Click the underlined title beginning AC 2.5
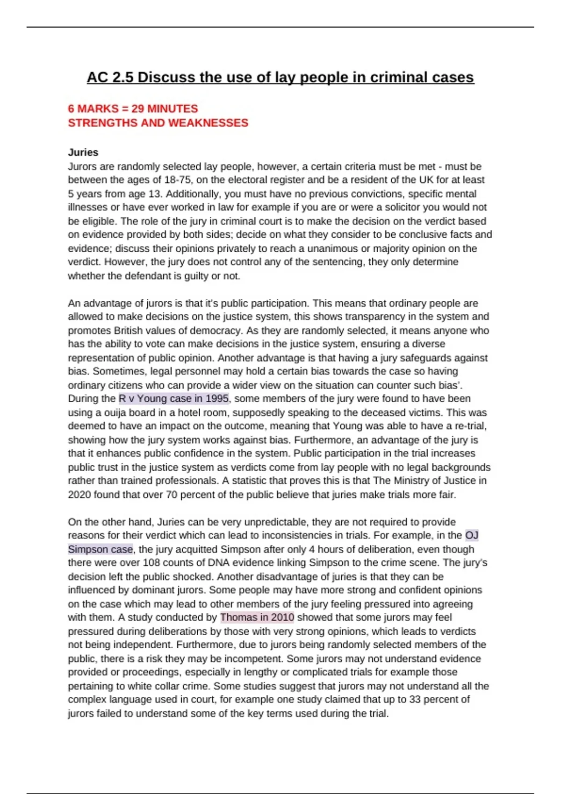(280, 77)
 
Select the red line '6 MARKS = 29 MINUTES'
(133, 109)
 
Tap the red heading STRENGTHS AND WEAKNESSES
(158, 123)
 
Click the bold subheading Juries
(83, 152)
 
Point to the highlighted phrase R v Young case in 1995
(173, 399)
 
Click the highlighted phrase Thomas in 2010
(257, 617)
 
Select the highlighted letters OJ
(472, 535)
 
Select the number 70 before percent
(172, 495)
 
